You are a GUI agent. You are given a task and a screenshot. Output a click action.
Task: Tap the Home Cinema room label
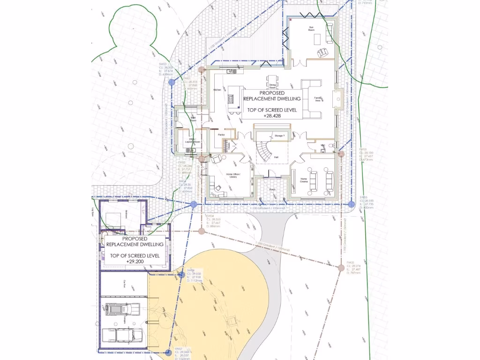point(304,180)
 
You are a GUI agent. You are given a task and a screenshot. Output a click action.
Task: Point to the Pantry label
point(221,135)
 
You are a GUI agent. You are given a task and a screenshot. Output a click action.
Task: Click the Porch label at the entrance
point(273,190)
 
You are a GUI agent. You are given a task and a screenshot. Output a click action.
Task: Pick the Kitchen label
point(217,90)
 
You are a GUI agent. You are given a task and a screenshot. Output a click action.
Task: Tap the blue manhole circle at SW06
point(181,275)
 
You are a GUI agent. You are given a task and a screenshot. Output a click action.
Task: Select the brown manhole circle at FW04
point(202,231)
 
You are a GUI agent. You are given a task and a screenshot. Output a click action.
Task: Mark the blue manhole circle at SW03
point(172,82)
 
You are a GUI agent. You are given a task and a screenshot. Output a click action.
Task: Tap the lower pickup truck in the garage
point(123,335)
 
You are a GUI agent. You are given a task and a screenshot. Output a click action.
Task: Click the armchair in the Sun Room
point(322,52)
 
